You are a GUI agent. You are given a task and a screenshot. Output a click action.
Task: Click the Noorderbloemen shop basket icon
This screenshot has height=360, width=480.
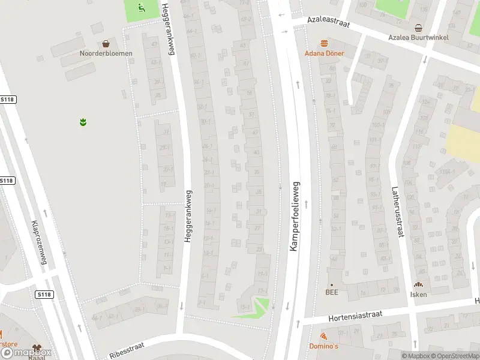coord(106,43)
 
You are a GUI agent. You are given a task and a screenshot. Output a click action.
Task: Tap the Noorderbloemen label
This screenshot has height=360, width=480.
coord(106,53)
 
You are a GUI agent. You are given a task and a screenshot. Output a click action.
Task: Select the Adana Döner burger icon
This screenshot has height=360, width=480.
coord(325,43)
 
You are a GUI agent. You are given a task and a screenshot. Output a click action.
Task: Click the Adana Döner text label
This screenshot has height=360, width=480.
coord(325,53)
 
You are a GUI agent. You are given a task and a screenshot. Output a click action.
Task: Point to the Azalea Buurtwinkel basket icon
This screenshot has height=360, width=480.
coord(418,28)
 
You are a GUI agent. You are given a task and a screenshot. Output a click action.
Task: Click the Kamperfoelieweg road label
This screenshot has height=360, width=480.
coord(295,217)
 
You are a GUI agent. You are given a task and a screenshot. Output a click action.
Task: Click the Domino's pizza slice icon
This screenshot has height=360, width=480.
coord(324,337)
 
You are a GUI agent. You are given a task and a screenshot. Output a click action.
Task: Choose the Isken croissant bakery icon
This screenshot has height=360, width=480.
coord(418,285)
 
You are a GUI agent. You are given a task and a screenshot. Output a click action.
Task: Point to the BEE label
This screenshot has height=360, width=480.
coord(332,293)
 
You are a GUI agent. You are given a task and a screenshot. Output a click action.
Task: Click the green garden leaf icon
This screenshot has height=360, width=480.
coord(83,122)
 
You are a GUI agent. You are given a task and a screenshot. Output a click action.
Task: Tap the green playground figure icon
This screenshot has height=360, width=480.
coord(142,8)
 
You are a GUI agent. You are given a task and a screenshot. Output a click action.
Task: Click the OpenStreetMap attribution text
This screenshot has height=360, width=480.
coord(454,356)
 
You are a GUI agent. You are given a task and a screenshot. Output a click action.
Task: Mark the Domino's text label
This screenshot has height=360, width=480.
coord(324,346)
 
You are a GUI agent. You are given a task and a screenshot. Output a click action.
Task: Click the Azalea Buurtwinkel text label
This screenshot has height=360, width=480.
coord(418,37)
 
